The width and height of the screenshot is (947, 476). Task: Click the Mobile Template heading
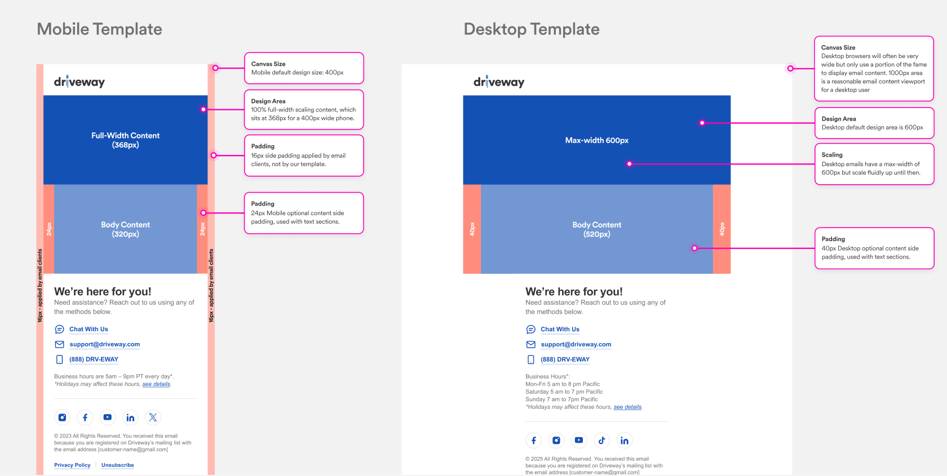click(x=99, y=29)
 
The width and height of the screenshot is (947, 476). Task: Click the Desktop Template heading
click(x=532, y=29)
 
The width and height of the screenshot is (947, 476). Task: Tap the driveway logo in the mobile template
click(x=79, y=82)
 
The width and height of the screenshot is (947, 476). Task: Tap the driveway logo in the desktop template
click(x=499, y=82)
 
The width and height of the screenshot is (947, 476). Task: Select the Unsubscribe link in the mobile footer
click(x=117, y=465)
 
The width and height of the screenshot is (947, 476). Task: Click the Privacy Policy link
click(x=72, y=465)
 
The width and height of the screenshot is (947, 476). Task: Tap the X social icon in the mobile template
click(x=153, y=417)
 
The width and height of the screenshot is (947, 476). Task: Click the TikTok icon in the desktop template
click(x=601, y=440)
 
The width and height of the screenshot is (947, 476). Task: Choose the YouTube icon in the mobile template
click(x=107, y=417)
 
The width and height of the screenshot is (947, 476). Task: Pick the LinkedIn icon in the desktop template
click(x=625, y=440)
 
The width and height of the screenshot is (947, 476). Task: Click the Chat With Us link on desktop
click(x=560, y=329)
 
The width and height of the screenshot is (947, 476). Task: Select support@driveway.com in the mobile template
click(x=104, y=344)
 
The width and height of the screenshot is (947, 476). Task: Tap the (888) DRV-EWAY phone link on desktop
click(x=565, y=359)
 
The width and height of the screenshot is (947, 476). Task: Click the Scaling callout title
click(x=832, y=154)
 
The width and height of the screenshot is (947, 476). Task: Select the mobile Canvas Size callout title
click(x=268, y=64)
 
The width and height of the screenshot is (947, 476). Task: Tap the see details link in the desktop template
click(x=627, y=407)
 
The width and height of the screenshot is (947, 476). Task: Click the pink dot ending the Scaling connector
click(x=630, y=164)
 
